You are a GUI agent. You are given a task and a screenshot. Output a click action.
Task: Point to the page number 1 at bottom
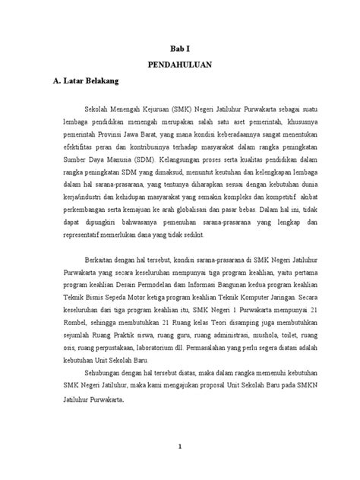pos(180,447)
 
